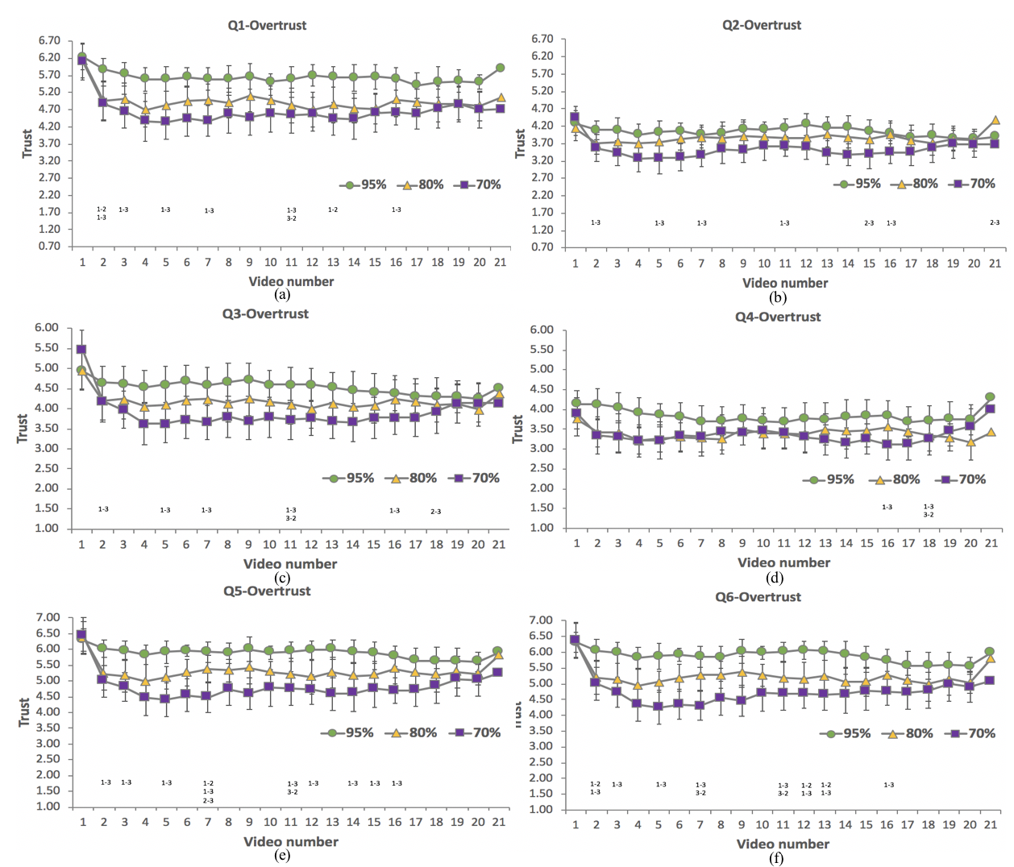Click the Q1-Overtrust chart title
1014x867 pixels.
click(x=267, y=25)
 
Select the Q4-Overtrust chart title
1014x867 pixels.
click(x=778, y=317)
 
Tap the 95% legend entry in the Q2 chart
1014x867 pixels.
click(x=858, y=184)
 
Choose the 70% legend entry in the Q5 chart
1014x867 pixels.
click(x=478, y=732)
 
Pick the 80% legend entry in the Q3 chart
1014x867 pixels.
click(x=414, y=478)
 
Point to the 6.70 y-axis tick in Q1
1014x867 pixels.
click(x=49, y=40)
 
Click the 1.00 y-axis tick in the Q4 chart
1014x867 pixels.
click(x=542, y=528)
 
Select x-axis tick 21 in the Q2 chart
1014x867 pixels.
click(x=995, y=263)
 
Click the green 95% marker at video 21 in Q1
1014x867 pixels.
click(x=501, y=68)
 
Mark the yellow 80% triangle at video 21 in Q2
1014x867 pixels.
click(x=995, y=120)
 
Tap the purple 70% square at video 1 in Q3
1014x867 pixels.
click(x=81, y=350)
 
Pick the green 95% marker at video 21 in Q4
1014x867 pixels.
click(x=991, y=397)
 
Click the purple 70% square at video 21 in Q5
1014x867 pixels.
click(x=498, y=672)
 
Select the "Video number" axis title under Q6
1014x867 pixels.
click(x=783, y=844)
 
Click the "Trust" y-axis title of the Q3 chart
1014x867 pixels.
click(x=22, y=428)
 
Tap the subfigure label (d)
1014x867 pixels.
click(x=776, y=577)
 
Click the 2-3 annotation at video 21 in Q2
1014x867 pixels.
click(x=995, y=222)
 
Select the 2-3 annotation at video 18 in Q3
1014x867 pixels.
click(x=435, y=512)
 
